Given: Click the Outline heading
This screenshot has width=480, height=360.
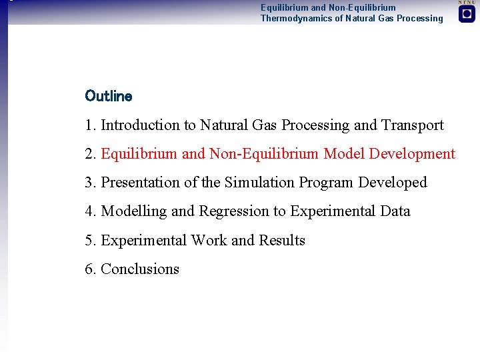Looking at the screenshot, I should point(109,96).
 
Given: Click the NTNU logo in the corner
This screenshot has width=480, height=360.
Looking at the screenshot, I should point(467,13).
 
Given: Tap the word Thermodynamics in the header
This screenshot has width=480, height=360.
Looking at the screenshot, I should point(293,19).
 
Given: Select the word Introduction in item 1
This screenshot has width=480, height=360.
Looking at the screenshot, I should point(140,125).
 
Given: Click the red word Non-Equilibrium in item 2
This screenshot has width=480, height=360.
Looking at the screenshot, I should point(264,154).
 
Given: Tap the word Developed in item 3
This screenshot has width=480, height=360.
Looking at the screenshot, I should point(393,183).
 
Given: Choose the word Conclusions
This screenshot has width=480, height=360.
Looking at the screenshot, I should point(140,269).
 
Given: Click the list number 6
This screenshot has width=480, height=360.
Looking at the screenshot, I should point(90,269).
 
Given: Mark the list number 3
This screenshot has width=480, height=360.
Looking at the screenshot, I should point(90,183).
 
